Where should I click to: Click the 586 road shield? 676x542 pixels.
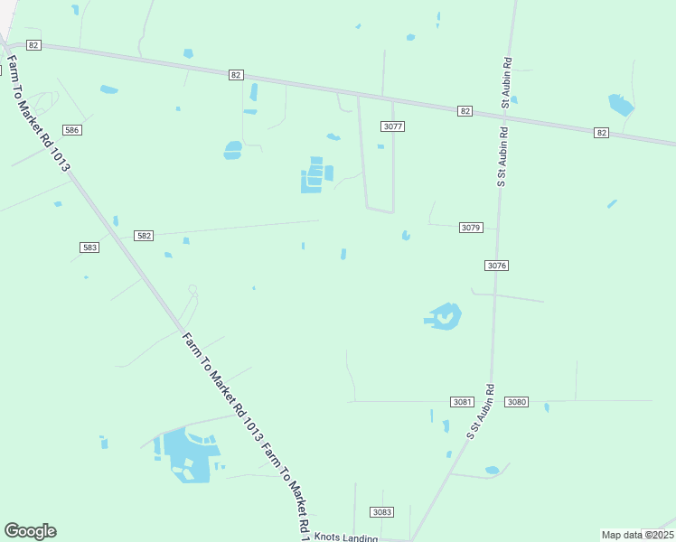click(x=72, y=130)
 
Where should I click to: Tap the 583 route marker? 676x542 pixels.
click(x=89, y=247)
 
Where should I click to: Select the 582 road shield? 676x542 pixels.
click(x=144, y=236)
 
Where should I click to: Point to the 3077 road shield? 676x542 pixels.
click(x=392, y=126)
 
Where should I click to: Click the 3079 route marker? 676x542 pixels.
click(x=471, y=228)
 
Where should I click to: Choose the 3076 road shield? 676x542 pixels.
click(x=496, y=265)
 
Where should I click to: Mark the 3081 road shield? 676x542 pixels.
click(x=462, y=401)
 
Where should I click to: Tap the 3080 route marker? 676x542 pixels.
click(x=516, y=401)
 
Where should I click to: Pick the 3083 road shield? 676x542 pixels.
click(x=382, y=512)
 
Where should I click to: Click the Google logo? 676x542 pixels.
click(x=30, y=531)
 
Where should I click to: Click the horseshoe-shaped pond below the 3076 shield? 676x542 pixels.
click(x=444, y=316)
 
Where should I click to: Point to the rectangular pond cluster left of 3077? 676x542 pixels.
click(x=315, y=175)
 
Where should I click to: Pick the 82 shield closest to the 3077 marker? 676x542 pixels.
click(x=465, y=110)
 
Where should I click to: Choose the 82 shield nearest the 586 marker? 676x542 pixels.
click(x=33, y=44)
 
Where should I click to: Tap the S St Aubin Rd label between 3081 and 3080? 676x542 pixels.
click(x=482, y=413)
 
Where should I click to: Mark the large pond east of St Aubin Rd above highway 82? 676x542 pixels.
click(x=621, y=105)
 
